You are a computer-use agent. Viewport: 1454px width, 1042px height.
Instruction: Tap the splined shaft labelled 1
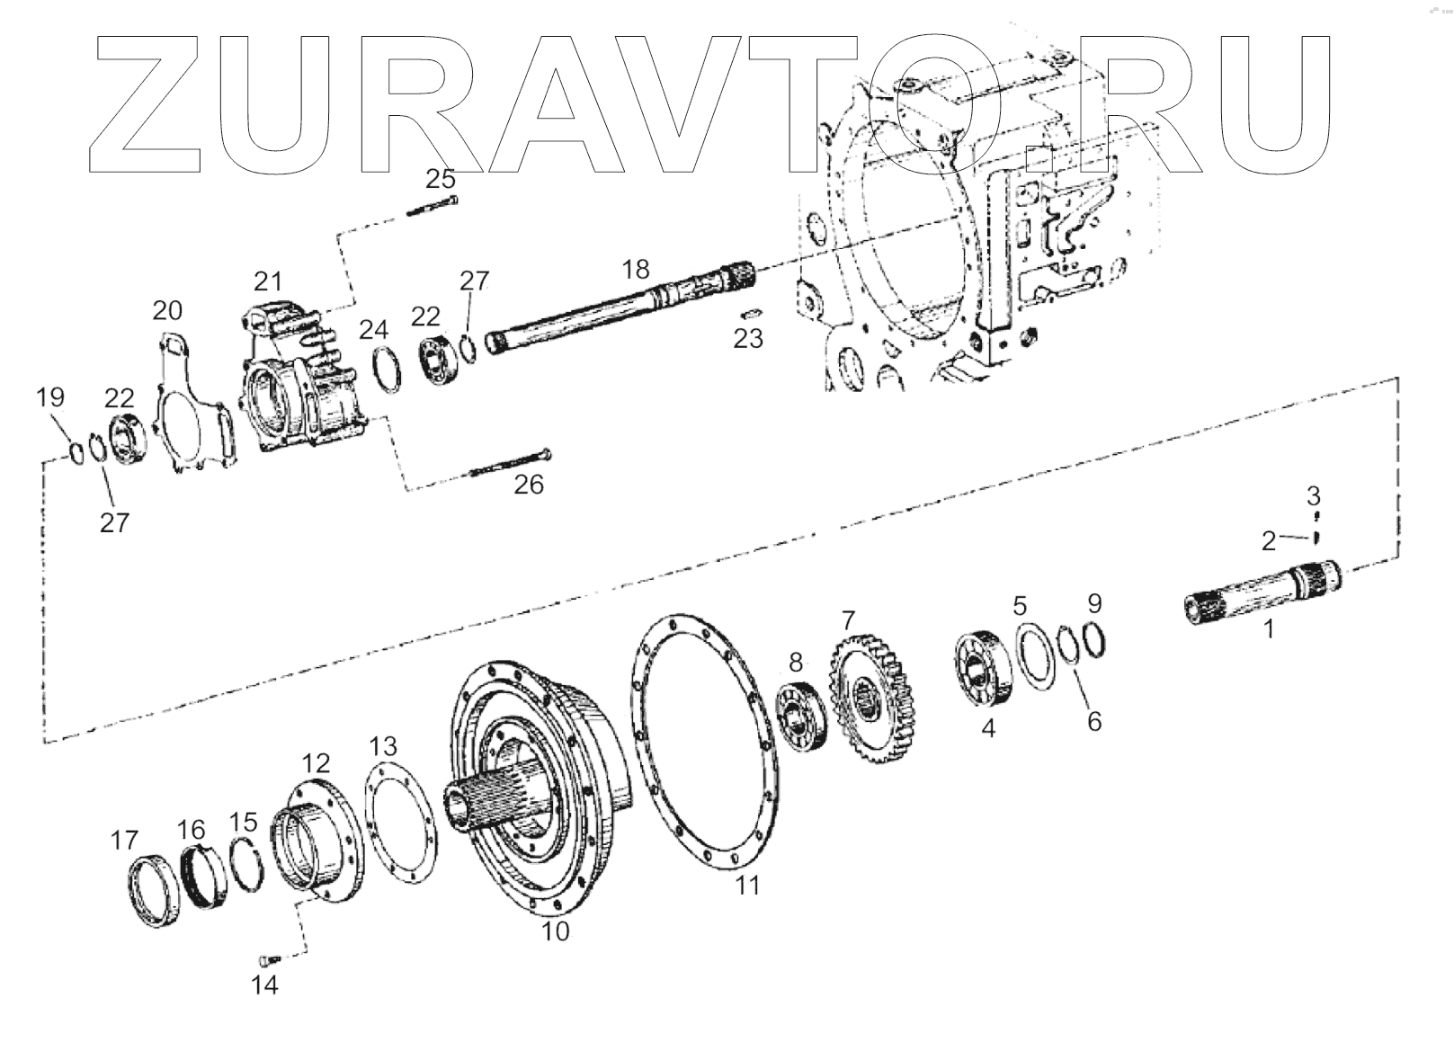(1259, 593)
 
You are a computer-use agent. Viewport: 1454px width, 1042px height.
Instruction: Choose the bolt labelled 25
(433, 206)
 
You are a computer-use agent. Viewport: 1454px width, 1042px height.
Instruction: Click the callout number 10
(556, 931)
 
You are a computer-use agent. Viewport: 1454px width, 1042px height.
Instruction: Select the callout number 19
(50, 396)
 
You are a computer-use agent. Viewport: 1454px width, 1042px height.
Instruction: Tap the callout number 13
(382, 746)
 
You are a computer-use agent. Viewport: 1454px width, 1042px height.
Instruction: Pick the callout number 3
(1314, 495)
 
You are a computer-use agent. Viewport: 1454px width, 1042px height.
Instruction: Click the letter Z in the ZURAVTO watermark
(148, 103)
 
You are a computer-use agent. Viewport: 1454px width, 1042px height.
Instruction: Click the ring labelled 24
(388, 369)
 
